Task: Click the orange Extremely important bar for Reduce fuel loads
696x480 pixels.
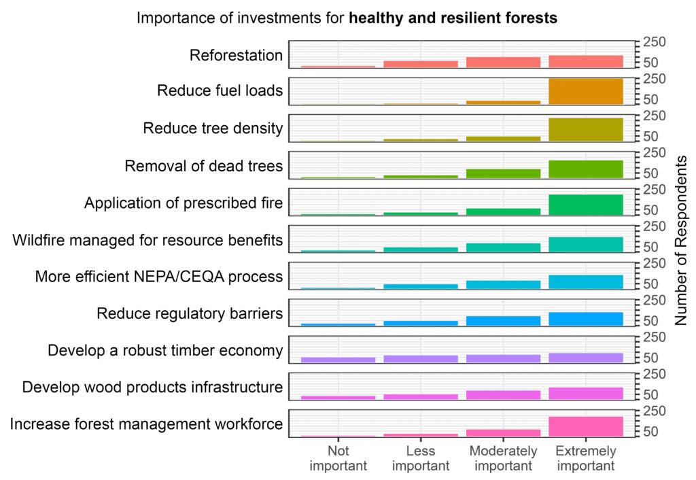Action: click(585, 92)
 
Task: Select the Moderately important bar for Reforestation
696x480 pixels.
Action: click(503, 62)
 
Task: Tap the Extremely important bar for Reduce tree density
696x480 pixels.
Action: click(585, 129)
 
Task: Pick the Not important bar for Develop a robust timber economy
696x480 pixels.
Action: click(338, 360)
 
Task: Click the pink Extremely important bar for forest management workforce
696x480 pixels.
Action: click(585, 426)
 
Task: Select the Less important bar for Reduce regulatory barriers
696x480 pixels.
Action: click(421, 323)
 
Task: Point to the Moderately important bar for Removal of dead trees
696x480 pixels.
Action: click(503, 173)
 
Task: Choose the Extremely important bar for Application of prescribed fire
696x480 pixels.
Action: click(585, 205)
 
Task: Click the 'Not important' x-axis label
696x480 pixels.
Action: click(338, 459)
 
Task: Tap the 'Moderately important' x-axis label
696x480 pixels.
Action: click(503, 459)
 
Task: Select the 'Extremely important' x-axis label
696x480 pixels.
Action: click(585, 459)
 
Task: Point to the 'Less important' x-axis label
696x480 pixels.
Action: click(421, 459)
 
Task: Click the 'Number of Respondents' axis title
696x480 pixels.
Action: click(681, 240)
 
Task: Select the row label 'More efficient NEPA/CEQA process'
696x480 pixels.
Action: click(158, 277)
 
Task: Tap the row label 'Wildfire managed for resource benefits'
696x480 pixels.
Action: click(147, 240)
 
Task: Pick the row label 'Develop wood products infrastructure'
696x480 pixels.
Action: click(152, 388)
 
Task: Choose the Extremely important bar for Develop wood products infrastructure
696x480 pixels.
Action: click(585, 393)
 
